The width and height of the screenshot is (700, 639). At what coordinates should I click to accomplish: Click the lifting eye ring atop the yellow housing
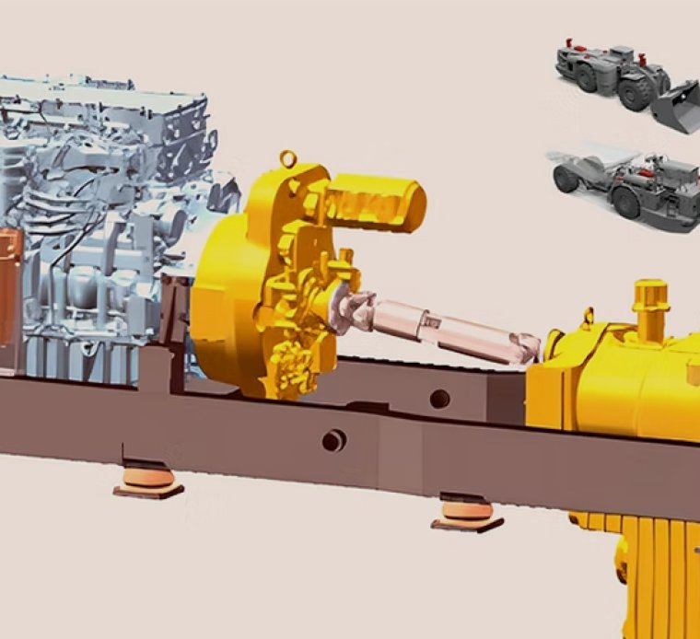point(290,159)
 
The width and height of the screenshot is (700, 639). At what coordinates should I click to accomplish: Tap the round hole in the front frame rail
point(333,442)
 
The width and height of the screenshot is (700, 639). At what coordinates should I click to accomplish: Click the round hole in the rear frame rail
point(440,399)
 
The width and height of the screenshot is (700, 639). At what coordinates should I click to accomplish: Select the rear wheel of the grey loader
point(586,77)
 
